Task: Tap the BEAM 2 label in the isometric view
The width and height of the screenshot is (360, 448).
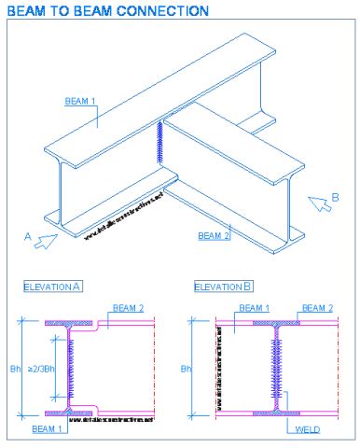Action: coord(215,235)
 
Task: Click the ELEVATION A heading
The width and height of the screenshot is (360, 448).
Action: coord(52,287)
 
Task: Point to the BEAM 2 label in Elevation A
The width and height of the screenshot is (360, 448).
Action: coord(128,307)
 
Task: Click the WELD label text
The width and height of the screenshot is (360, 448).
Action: coord(307,429)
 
